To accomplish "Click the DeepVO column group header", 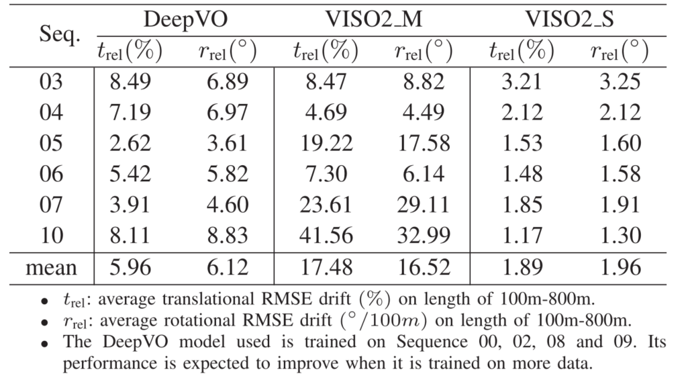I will point(186,20).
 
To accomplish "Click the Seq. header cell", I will point(51,35).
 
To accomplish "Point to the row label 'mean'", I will point(51,268).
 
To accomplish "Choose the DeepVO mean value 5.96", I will point(132,268).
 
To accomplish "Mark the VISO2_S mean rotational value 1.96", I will point(620,268).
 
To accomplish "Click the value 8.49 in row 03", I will point(132,82).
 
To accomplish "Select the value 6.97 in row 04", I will point(228,112).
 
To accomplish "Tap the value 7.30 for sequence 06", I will point(325,174).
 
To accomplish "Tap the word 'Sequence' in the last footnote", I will point(397,342).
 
